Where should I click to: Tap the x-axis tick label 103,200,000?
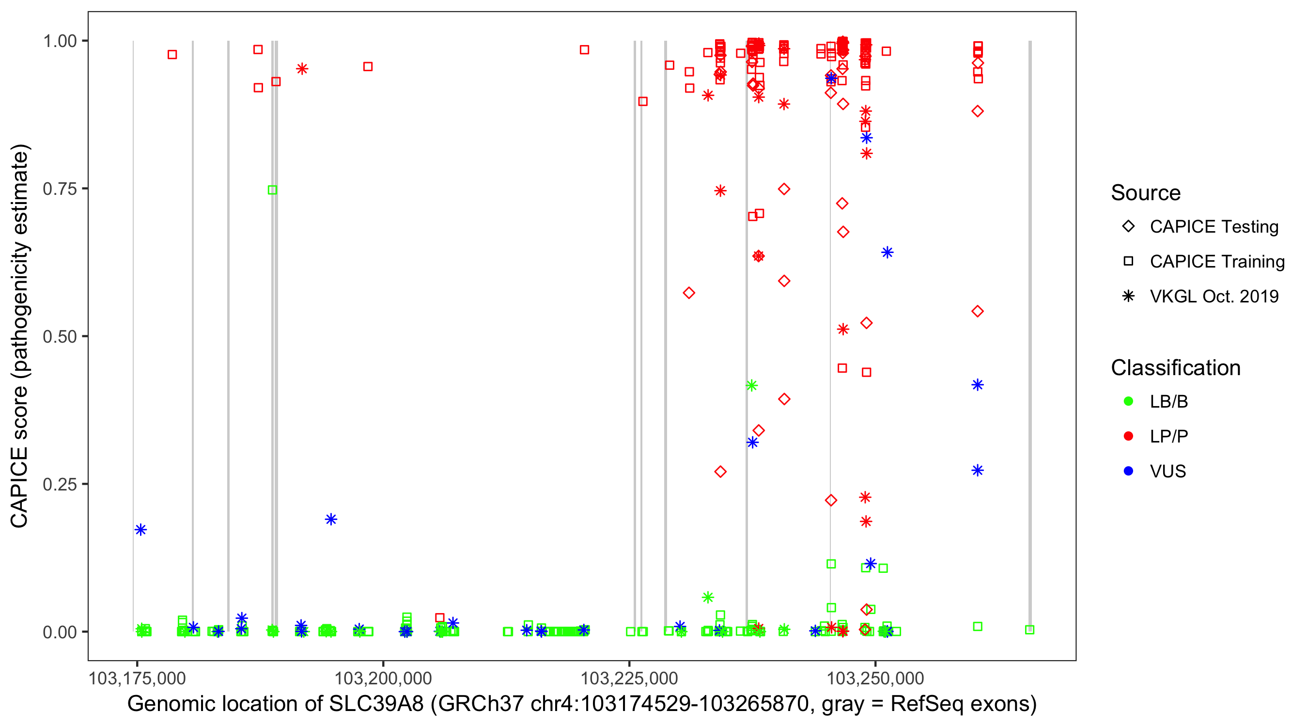coord(383,678)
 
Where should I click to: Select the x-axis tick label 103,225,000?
coord(629,678)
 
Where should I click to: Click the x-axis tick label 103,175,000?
coord(137,678)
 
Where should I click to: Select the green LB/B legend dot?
coord(1128,401)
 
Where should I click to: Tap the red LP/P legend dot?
coord(1128,436)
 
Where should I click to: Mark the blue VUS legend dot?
coord(1128,471)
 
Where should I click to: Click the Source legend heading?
coord(1146,193)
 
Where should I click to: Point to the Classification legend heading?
coord(1175,368)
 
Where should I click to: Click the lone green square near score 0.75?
coord(272,190)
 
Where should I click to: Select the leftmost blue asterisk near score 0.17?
coord(140,530)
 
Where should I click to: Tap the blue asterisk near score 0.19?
coord(331,519)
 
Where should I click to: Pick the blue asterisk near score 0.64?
coord(887,253)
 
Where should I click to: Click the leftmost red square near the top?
coord(172,54)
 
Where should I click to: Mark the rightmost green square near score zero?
coord(1029,630)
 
